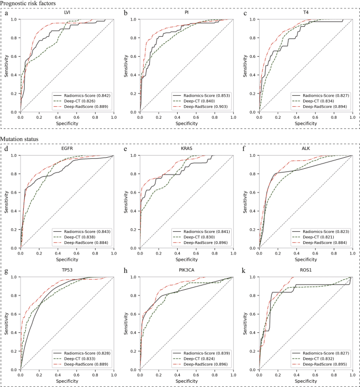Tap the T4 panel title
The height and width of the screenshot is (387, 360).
[x=305, y=12]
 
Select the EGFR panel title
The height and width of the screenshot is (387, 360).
[x=67, y=149]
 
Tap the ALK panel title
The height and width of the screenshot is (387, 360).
[x=305, y=149]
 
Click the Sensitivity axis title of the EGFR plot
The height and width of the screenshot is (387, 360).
[x=6, y=201]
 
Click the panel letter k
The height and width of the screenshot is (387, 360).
[x=243, y=271]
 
